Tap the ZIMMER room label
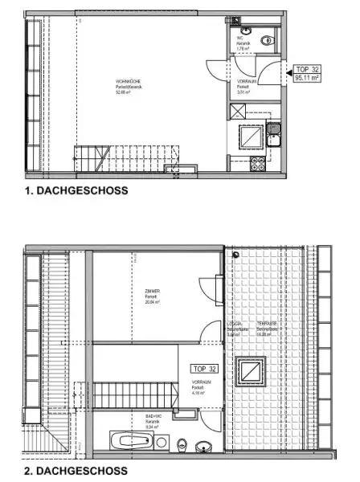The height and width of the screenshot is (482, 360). click(x=142, y=293)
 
